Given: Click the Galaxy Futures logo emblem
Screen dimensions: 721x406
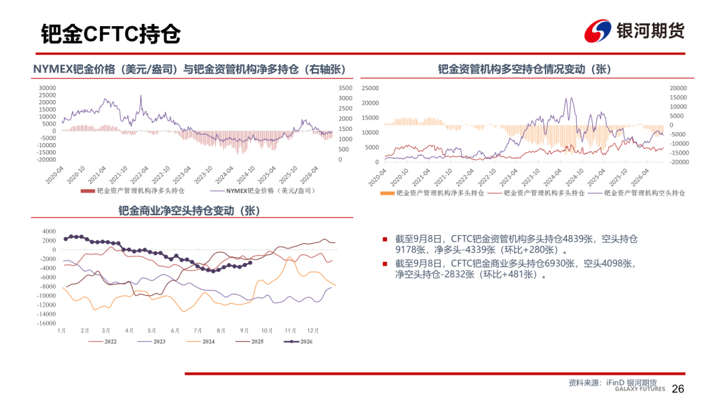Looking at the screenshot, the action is click(x=597, y=31).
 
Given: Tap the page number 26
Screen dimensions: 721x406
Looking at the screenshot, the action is click(x=678, y=389).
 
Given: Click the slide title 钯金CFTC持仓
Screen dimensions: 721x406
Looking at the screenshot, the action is click(x=111, y=33).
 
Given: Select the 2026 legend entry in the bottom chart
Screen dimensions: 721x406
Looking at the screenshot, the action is click(x=298, y=342).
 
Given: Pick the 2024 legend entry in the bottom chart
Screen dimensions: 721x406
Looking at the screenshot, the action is click(x=200, y=342).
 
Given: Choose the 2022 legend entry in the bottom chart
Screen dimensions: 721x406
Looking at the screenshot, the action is click(x=103, y=342).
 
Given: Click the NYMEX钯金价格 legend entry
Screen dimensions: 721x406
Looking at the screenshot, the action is click(x=264, y=191).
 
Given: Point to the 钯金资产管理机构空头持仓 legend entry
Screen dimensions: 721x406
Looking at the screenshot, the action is click(x=637, y=193).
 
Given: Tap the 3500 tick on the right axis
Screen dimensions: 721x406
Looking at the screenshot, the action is click(x=345, y=88).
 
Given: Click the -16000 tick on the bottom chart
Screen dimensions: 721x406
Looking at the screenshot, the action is click(x=46, y=323).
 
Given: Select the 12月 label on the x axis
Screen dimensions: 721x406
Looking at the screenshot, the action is click(x=312, y=331).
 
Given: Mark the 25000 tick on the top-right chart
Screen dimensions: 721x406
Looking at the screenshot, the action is click(x=370, y=88).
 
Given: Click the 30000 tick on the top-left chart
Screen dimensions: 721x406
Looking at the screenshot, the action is click(x=47, y=88).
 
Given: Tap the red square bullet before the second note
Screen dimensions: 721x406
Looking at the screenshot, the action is click(x=385, y=264).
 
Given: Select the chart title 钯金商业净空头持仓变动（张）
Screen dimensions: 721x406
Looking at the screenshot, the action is click(x=190, y=210).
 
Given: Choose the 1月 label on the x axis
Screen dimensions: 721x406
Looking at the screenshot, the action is click(x=61, y=331).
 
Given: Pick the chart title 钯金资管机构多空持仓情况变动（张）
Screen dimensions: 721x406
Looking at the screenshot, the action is click(x=524, y=69).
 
